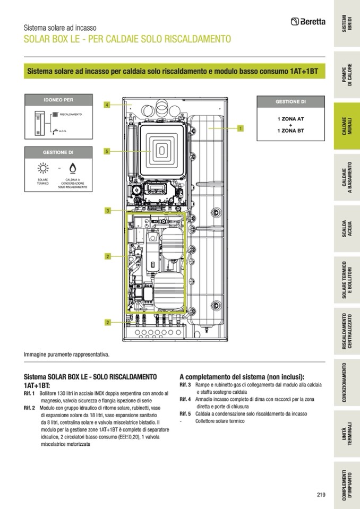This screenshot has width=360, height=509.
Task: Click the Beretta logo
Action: click(x=308, y=22)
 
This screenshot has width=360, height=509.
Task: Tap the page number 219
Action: click(x=321, y=495)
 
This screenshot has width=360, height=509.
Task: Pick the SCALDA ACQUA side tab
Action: click(x=346, y=229)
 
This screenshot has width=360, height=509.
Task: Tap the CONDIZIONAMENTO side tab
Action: click(x=346, y=383)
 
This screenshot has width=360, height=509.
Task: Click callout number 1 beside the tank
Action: click(x=241, y=128)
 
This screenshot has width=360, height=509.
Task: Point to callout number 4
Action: click(x=107, y=105)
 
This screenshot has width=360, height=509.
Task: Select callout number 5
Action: click(x=107, y=151)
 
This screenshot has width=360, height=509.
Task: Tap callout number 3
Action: click(x=107, y=211)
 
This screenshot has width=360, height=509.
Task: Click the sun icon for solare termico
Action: click(x=42, y=169)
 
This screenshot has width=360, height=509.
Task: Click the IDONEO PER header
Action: click(x=58, y=99)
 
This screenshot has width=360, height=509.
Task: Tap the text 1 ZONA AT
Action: click(x=290, y=120)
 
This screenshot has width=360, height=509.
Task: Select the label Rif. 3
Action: click(x=185, y=384)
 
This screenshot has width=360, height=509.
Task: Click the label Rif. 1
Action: click(x=30, y=393)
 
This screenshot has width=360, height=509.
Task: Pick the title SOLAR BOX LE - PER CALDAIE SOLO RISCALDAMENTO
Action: click(x=127, y=39)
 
